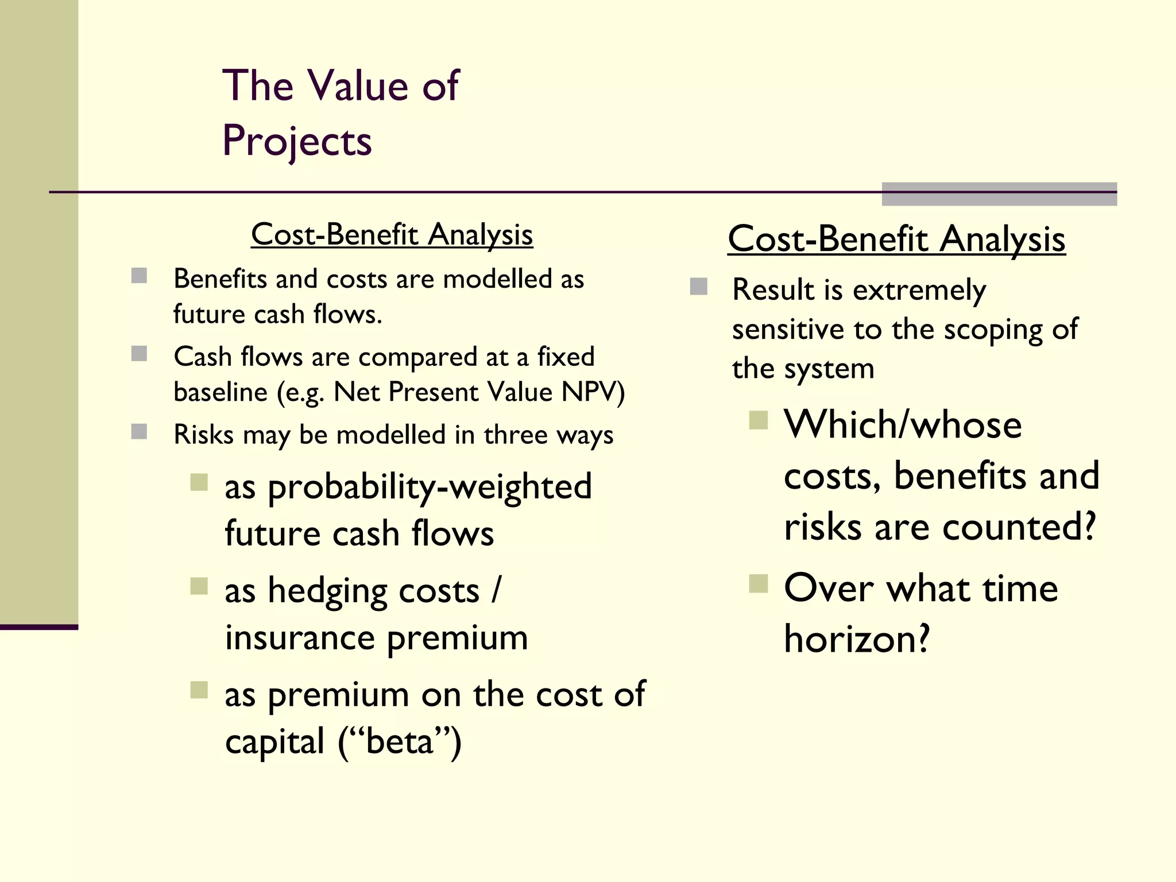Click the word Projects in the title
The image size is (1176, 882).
click(297, 141)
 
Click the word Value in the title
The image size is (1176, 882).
click(358, 86)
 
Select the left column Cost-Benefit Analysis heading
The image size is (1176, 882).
click(392, 235)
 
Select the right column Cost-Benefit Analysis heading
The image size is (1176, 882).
click(896, 239)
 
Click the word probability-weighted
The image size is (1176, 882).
click(430, 488)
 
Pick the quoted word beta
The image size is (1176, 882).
click(399, 741)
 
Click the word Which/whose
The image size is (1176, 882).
click(903, 425)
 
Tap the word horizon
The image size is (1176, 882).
click(856, 639)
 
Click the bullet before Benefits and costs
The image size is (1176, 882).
click(139, 276)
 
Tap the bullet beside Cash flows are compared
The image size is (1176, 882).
click(139, 354)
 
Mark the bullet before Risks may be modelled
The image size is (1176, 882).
click(139, 432)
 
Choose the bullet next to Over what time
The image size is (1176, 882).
click(759, 584)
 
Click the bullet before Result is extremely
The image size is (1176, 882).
click(698, 287)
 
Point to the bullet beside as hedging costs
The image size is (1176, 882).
click(199, 586)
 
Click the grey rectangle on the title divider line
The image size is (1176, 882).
click(999, 194)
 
